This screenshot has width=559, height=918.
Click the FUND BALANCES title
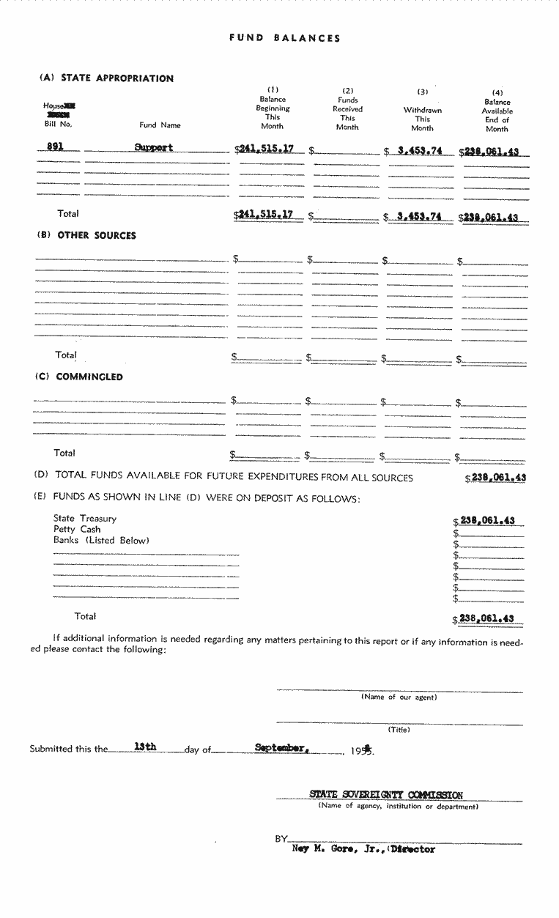pos(285,38)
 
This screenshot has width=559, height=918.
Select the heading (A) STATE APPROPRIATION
pos(107,78)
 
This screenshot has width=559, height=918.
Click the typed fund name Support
pos(154,147)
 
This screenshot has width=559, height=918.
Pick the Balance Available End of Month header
pos(497,111)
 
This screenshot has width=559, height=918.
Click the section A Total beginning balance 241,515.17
pos(265,215)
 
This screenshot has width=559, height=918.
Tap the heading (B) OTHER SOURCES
pos(86,236)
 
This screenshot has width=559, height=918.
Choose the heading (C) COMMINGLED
pos(79,377)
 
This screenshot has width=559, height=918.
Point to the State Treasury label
pos(85,519)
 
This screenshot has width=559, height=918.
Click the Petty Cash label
pos(77,530)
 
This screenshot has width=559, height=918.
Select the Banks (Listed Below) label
pos(101,541)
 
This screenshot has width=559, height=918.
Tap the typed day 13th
pos(145,747)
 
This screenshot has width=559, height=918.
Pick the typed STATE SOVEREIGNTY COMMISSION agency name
pos(386,795)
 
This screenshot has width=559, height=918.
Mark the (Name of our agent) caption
pos(399,697)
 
